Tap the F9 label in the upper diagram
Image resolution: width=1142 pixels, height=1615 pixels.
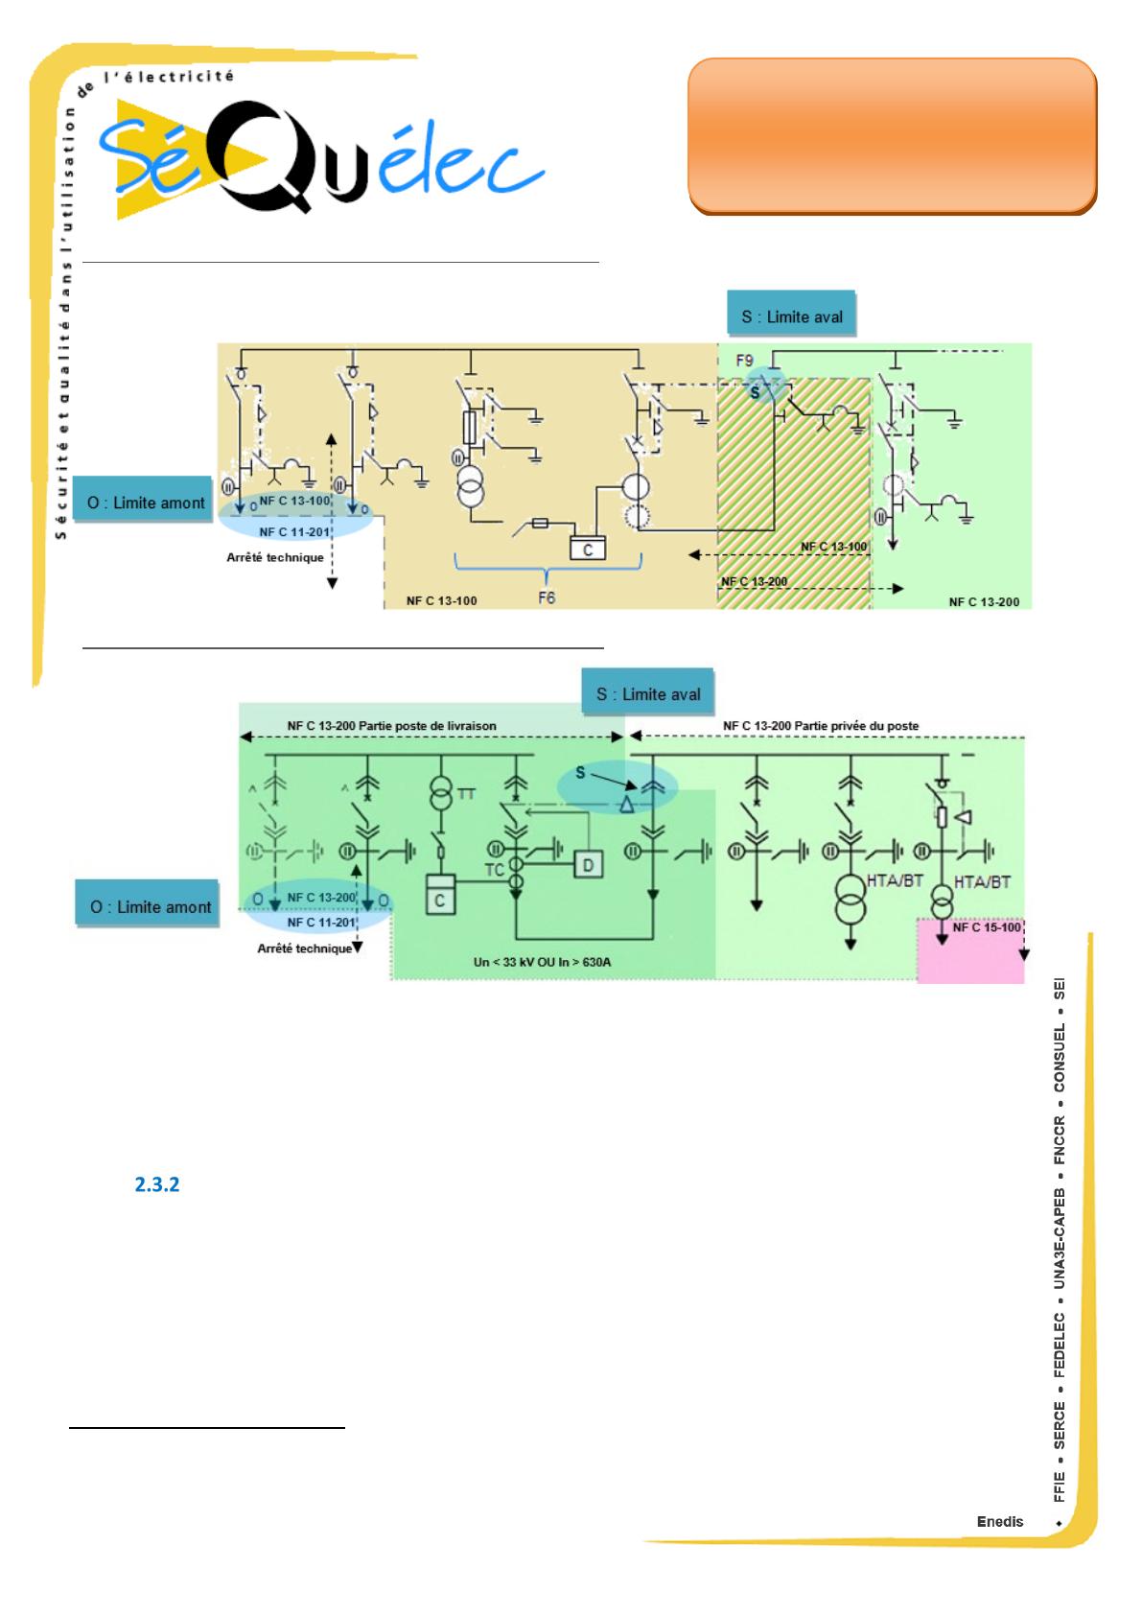(745, 362)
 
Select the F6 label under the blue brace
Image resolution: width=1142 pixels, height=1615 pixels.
(546, 597)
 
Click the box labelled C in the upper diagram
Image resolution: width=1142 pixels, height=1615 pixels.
(588, 550)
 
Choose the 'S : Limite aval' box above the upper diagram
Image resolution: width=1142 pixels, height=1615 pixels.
(791, 316)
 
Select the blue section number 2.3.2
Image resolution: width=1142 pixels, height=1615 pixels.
(157, 1184)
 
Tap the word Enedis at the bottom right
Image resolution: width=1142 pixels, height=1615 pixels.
(1000, 1521)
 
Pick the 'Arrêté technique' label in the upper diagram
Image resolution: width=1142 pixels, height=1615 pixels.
(275, 557)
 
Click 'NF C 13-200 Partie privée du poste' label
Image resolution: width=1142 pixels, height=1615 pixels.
(821, 726)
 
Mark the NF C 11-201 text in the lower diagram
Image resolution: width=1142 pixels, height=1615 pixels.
(322, 923)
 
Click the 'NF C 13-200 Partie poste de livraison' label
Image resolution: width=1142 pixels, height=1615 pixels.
(392, 726)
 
